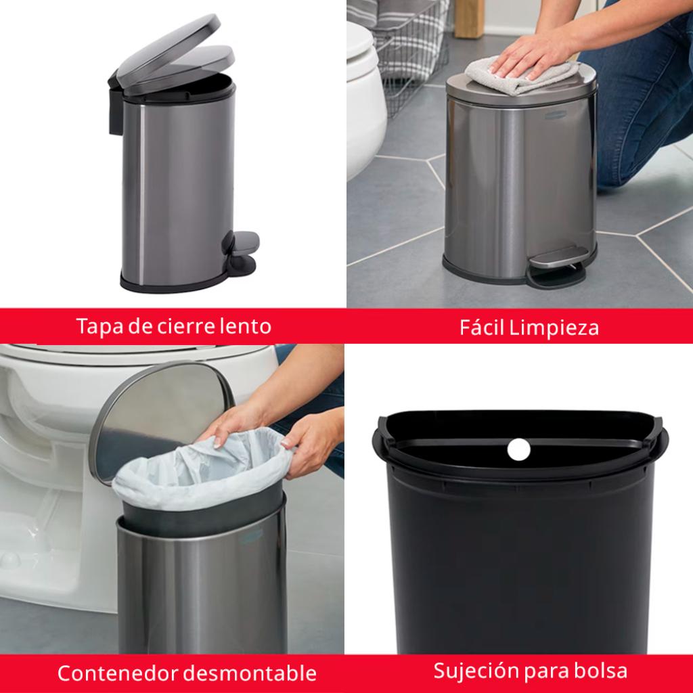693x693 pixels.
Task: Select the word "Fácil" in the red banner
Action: point(482,327)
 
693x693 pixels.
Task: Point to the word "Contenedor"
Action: point(118,673)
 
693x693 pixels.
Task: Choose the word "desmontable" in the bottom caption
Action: point(250,673)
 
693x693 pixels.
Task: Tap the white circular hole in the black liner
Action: point(518,449)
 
